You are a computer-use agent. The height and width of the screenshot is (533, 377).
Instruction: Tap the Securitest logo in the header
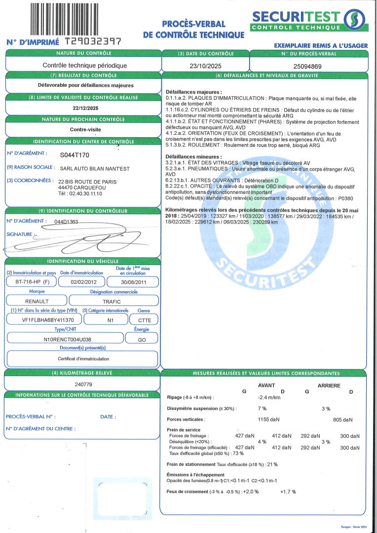click(x=309, y=20)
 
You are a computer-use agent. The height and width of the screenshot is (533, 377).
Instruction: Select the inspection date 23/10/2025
click(x=205, y=65)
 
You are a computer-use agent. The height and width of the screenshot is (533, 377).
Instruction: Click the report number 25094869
click(x=307, y=66)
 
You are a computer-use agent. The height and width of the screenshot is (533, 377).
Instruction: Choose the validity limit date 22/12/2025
click(x=82, y=108)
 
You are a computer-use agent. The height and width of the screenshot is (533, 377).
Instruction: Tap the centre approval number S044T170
click(x=75, y=154)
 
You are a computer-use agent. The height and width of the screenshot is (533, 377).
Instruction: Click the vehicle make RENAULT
click(x=37, y=301)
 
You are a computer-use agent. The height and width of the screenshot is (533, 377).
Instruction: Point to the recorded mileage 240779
click(x=83, y=383)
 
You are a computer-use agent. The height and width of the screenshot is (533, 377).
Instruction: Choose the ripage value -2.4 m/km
click(x=269, y=397)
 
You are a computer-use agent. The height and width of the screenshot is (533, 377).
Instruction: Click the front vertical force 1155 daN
click(x=269, y=419)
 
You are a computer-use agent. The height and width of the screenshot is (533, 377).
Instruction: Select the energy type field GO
click(x=141, y=340)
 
